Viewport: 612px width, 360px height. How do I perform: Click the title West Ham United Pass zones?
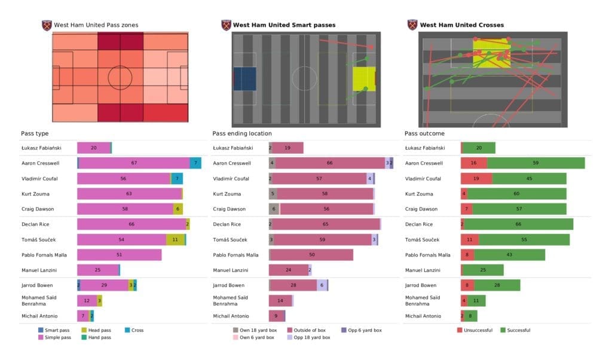96,25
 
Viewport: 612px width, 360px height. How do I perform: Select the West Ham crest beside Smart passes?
226,25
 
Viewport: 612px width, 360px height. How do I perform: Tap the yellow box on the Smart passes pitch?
363,79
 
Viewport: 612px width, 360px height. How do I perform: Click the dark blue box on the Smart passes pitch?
244,79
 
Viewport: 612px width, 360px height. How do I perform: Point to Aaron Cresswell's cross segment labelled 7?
195,163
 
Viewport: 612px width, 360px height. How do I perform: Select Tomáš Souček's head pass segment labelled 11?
175,239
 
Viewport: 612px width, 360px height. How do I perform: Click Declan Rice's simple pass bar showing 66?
132,224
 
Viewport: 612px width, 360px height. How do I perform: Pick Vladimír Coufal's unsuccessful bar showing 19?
476,178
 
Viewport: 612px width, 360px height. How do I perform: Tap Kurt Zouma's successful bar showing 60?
516,194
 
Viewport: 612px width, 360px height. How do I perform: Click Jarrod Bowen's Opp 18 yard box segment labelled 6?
322,285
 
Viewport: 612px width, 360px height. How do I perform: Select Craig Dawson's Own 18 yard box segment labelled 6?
274,209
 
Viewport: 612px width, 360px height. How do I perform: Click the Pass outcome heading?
424,133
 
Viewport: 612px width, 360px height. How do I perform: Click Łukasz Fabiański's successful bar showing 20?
479,148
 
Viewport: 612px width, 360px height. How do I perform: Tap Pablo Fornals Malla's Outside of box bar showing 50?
312,255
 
